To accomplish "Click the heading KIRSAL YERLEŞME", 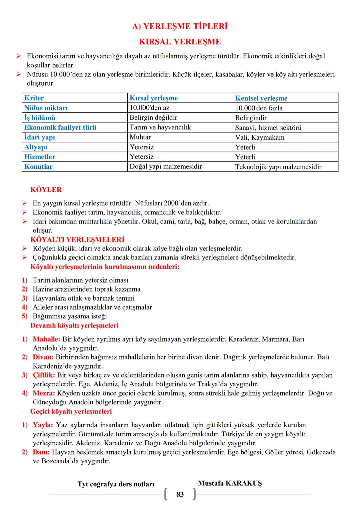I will coord(180,42).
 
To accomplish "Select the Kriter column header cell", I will coord(34,98).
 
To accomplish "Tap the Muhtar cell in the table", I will coord(140,137).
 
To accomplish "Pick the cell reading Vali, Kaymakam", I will coord(260,137).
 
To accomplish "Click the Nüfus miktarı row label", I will coord(46,108).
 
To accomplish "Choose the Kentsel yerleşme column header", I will coord(261,98).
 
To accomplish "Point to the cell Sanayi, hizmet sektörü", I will coord(268,127).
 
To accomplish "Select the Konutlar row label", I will coord(38,166).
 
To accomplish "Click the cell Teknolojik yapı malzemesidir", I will coord(278,167).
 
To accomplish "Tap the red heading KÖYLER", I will coord(46,189).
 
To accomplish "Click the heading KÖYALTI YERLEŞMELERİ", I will coord(77,239).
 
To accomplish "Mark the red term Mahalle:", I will coord(46,339).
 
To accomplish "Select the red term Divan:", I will coord(43,357).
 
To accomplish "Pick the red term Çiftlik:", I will coord(44,375).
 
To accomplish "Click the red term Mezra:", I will coord(44,393).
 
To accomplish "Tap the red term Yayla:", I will coord(43,425).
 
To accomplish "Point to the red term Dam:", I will coord(41,452).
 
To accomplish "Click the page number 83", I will coord(180,494).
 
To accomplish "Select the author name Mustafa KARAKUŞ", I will coord(230,483).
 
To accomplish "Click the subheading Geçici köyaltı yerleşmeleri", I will coord(71,411).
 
